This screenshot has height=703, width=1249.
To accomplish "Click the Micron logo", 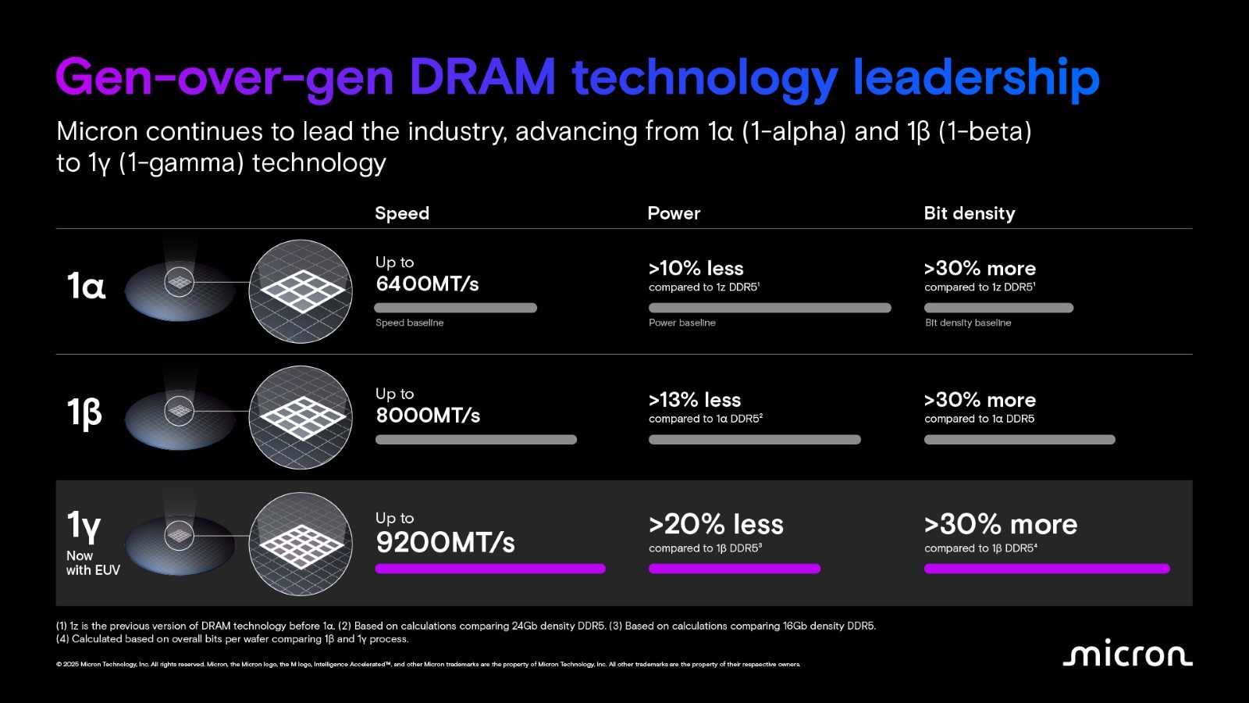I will (x=1127, y=653).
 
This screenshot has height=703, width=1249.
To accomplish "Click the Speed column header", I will (x=401, y=213).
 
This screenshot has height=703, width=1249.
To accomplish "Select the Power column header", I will (x=674, y=213).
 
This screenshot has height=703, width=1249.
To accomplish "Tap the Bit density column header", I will (x=969, y=213).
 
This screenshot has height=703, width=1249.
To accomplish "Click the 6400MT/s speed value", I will (x=427, y=284).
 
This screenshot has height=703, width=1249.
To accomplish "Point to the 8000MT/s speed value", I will (x=428, y=415).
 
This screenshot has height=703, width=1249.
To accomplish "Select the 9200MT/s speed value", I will (x=445, y=541).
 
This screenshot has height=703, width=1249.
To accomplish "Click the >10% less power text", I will (x=696, y=268).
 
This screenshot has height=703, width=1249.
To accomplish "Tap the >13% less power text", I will (x=694, y=400).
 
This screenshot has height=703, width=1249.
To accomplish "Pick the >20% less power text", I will (x=716, y=524).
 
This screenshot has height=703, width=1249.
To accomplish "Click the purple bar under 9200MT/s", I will (x=490, y=569).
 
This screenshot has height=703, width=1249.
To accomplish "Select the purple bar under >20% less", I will (x=734, y=569).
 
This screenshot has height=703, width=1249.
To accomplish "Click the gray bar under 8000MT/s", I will (x=475, y=440).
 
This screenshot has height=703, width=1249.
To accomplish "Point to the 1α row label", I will (x=86, y=286).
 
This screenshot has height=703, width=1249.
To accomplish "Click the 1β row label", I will (x=84, y=412).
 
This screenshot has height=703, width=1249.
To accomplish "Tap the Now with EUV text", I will (x=92, y=563).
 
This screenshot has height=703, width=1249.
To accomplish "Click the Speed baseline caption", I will (x=409, y=323).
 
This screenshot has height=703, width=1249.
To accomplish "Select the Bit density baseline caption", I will (x=967, y=323).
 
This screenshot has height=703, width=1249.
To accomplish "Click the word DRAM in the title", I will (x=482, y=78).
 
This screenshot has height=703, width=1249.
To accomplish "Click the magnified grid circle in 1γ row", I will (x=301, y=544).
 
